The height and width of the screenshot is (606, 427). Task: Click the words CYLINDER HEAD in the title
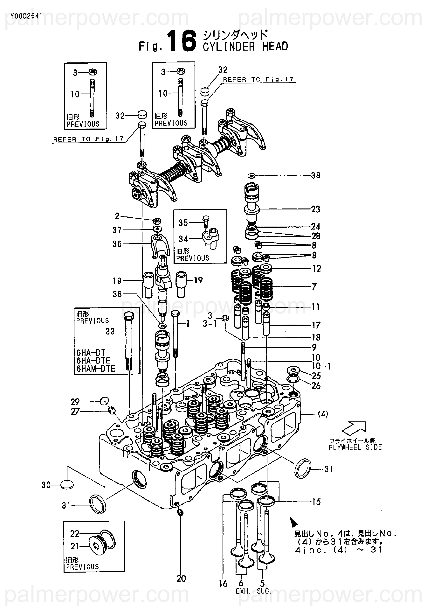[x=245, y=46]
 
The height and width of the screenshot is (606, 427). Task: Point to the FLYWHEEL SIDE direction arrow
[x=354, y=428]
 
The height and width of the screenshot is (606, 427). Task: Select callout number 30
[x=46, y=485]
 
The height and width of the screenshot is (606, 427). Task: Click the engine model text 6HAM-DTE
[x=96, y=369]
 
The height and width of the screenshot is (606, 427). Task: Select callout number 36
[x=117, y=244]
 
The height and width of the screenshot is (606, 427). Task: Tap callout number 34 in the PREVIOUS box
[x=183, y=239]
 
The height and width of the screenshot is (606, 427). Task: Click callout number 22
[x=75, y=534]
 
